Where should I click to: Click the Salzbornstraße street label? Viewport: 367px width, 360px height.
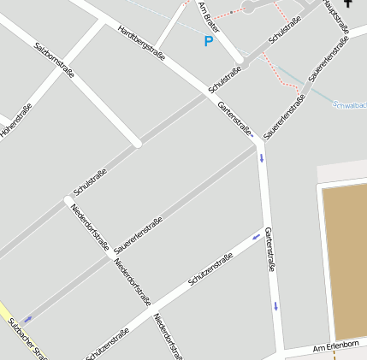click(54, 58)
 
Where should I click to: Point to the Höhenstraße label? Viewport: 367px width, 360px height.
click(15, 122)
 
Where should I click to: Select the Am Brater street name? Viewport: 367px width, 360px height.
click(209, 17)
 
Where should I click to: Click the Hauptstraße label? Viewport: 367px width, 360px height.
click(336, 16)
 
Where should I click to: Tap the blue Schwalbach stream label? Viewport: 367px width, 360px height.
click(349, 105)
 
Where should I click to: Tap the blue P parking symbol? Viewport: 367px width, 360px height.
click(208, 41)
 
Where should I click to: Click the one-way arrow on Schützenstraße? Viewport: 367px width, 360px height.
click(256, 236)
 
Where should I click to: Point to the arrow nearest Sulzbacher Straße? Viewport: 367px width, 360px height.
click(27, 318)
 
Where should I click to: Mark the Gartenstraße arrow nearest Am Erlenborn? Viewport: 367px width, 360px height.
click(276, 305)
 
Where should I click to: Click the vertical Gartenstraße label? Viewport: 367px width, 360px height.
click(270, 250)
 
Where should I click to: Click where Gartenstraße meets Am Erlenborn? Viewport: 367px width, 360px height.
click(281, 351)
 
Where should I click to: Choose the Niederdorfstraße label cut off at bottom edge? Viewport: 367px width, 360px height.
click(167, 336)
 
